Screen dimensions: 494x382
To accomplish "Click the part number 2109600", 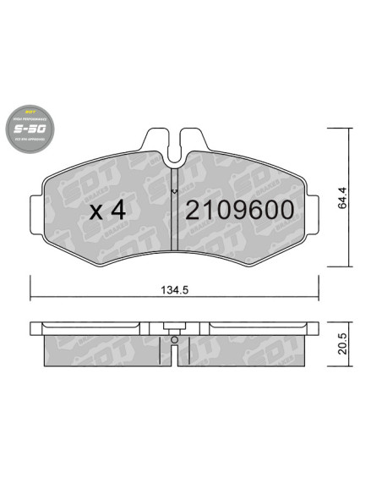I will coord(239,210).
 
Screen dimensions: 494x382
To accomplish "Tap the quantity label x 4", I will coord(107,210).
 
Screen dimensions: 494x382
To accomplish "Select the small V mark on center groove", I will coord(173,192).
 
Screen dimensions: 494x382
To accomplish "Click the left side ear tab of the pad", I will coord(46,203).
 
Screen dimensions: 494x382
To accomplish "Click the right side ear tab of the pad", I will coord(301,203).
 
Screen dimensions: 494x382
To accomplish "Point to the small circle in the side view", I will coord(173,341).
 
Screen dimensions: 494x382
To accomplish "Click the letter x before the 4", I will coord(95,211).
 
